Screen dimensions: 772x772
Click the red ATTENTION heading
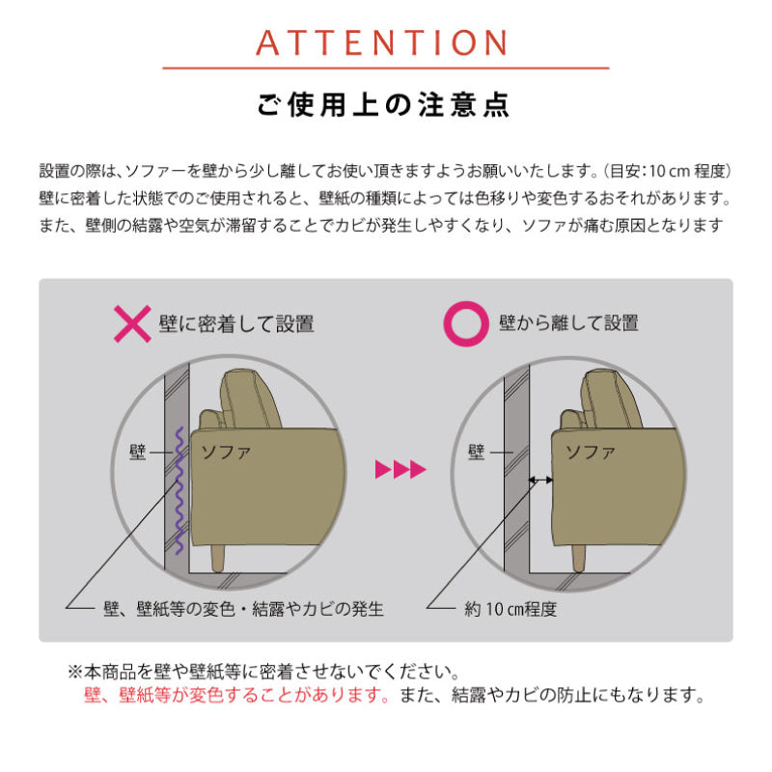pyautogui.click(x=381, y=42)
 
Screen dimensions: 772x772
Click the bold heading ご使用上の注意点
pyautogui.click(x=383, y=104)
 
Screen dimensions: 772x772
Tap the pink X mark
pyautogui.click(x=132, y=323)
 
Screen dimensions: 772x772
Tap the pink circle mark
pyautogui.click(x=466, y=323)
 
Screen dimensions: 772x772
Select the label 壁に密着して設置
pyautogui.click(x=236, y=324)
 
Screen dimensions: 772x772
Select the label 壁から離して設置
pyautogui.click(x=568, y=323)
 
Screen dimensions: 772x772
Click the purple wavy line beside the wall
pyautogui.click(x=179, y=491)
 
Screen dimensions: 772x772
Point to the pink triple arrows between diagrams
pyautogui.click(x=400, y=470)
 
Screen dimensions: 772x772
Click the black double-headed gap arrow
pyautogui.click(x=540, y=480)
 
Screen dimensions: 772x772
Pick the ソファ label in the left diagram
pyautogui.click(x=226, y=452)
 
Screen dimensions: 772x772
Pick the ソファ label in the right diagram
pyautogui.click(x=590, y=452)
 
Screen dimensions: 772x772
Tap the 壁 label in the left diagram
pyautogui.click(x=137, y=452)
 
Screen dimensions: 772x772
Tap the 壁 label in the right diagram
pyautogui.click(x=476, y=452)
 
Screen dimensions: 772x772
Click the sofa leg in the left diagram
pyautogui.click(x=217, y=559)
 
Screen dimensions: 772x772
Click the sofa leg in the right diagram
pyautogui.click(x=578, y=559)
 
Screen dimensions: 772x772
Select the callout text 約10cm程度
pyautogui.click(x=510, y=610)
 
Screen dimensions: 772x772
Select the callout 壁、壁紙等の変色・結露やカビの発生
pyautogui.click(x=243, y=610)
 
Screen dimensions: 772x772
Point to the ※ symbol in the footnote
pyautogui.click(x=75, y=672)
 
